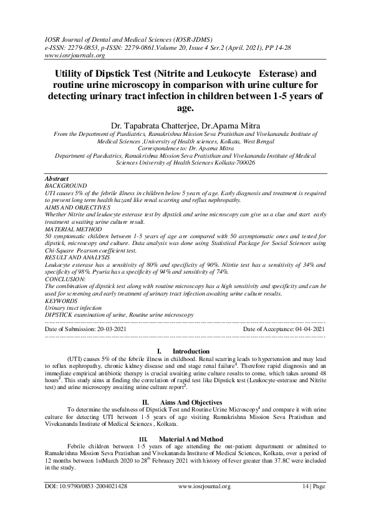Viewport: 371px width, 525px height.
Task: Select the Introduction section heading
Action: pos(191,352)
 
